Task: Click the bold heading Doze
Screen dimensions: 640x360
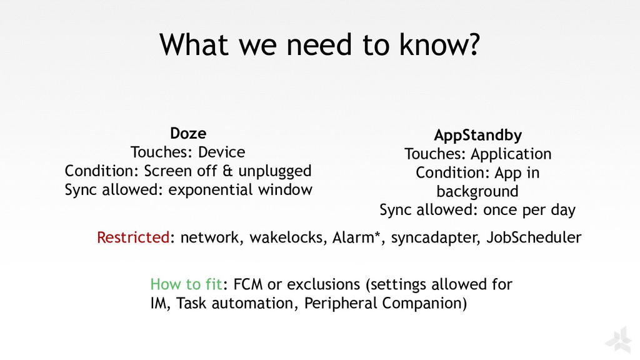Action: pos(188,133)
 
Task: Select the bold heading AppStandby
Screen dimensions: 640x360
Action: pos(478,136)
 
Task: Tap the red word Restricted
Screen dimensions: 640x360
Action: pos(133,237)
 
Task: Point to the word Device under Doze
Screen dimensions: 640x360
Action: pos(221,152)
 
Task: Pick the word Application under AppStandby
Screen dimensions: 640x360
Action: pos(511,154)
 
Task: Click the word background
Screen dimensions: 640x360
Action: pos(477,191)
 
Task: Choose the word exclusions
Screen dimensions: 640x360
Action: pos(323,285)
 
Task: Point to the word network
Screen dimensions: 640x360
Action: pos(210,237)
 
